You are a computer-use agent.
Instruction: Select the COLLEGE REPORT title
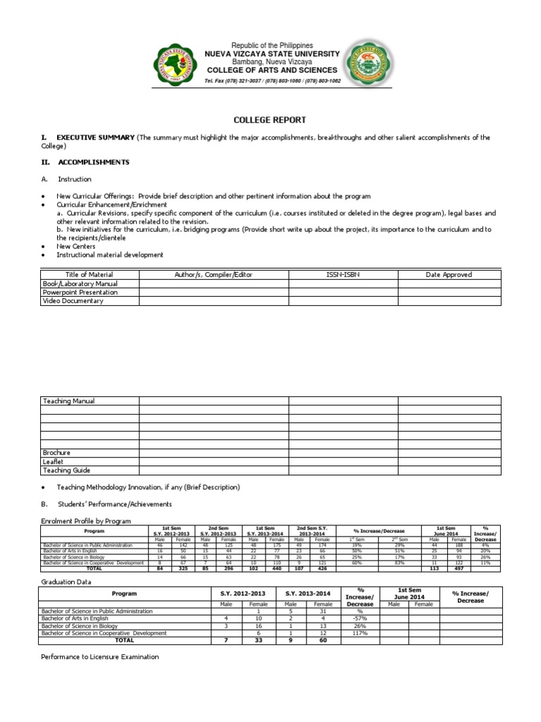(270, 121)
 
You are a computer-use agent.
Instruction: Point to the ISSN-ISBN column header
(343, 274)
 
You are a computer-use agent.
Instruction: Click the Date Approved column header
(449, 274)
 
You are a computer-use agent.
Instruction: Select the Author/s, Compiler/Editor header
(213, 274)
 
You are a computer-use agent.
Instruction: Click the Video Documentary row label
(73, 301)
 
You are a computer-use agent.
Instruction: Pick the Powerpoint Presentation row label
(80, 292)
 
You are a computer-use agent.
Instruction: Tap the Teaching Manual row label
(69, 401)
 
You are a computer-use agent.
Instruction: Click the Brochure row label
(57, 453)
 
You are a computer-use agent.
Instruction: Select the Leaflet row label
(54, 461)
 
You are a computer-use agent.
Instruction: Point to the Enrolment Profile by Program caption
(86, 520)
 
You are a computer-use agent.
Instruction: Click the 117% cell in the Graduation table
(360, 633)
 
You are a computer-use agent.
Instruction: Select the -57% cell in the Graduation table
(360, 618)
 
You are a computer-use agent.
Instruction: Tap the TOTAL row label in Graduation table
(124, 641)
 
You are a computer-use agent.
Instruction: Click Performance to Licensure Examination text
(100, 657)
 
